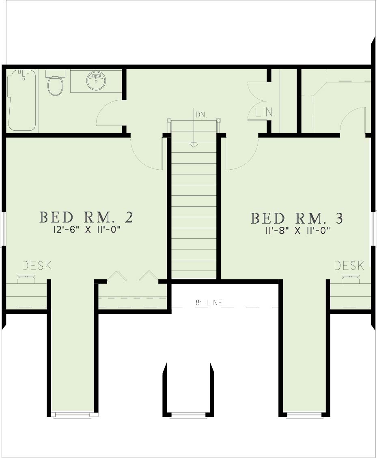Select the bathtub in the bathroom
coord(22,100)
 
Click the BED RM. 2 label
coord(86,218)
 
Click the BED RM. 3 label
coord(297,218)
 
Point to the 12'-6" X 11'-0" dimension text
coord(87,230)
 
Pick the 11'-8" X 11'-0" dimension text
coord(297,231)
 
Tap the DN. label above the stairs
coord(201,115)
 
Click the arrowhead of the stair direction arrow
coord(193,145)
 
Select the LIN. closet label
coord(265,112)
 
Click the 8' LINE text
coord(209,302)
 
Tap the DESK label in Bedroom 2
coord(37,266)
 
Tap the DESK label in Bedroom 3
coord(349,266)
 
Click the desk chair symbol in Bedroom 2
coord(26,279)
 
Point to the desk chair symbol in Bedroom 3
coord(351,279)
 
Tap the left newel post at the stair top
coord(169,120)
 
